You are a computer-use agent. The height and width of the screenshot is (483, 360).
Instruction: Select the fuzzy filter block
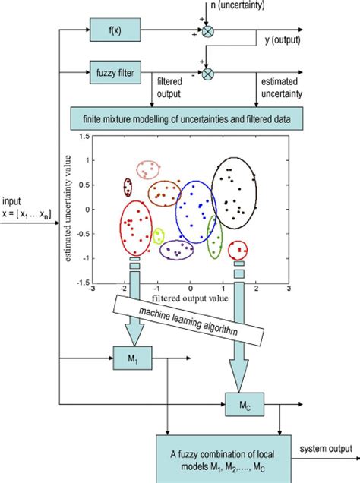(x=112, y=74)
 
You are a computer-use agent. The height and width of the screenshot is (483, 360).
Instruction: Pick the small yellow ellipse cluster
(x=158, y=236)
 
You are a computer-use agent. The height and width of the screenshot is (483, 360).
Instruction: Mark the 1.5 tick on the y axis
(x=83, y=136)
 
